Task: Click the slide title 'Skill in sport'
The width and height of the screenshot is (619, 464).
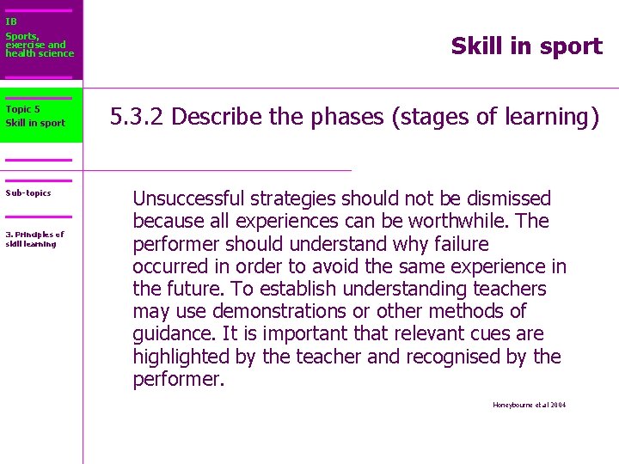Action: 526,46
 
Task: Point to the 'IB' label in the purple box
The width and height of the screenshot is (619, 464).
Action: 11,21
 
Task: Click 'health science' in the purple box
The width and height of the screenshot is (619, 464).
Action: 40,53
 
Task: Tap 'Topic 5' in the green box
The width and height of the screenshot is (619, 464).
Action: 22,109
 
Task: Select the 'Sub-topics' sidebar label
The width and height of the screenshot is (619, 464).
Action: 28,193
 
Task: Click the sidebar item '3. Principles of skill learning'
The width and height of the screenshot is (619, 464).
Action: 34,239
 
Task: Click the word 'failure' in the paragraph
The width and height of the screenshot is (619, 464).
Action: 458,244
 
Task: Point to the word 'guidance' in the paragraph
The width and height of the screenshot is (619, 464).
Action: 171,333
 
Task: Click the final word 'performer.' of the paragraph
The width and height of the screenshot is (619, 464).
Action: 178,379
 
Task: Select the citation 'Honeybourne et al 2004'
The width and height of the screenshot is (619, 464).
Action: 529,405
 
